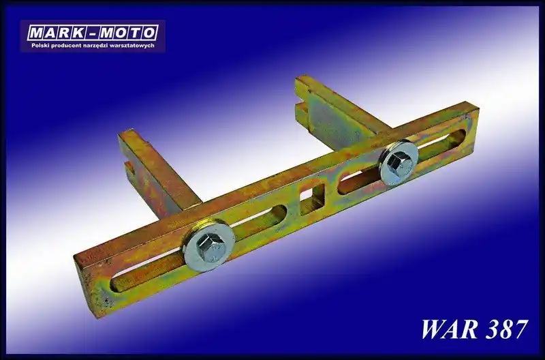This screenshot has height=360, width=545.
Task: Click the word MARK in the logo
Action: point(55,33)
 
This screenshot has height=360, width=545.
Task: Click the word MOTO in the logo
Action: point(127,33)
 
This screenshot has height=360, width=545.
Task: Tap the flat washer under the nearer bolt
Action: point(209,246)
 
